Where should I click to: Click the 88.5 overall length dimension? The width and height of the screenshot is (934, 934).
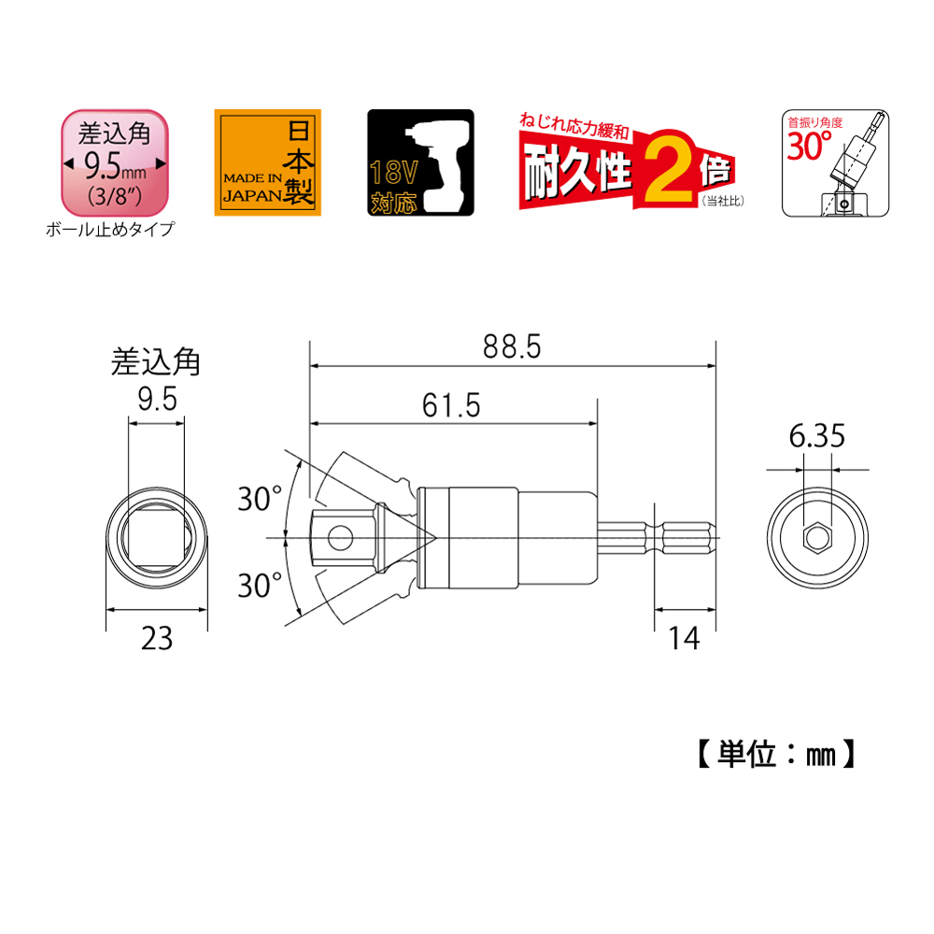click(512, 347)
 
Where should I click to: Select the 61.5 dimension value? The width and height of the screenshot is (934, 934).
click(451, 405)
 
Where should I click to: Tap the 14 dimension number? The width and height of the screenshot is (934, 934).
click(684, 639)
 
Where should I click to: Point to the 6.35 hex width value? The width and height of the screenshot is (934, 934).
click(816, 436)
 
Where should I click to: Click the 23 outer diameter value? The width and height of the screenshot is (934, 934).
click(157, 639)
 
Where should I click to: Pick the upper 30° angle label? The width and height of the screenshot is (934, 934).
click(260, 499)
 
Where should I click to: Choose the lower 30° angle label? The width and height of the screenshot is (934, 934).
click(260, 585)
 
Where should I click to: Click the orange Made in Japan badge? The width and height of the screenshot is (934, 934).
click(267, 163)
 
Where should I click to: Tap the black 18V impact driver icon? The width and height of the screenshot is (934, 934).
click(420, 163)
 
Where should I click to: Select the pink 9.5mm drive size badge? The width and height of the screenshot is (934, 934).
click(115, 163)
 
